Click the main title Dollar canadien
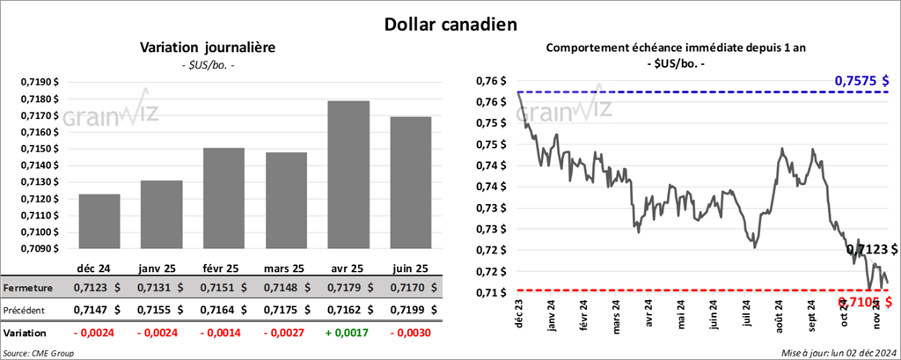point(450,24)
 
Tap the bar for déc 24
point(99,221)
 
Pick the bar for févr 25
point(224,198)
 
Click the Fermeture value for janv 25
point(160,287)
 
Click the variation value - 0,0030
point(410,334)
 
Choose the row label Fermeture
point(29,287)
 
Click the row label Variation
point(26,334)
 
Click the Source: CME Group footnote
point(39,352)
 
